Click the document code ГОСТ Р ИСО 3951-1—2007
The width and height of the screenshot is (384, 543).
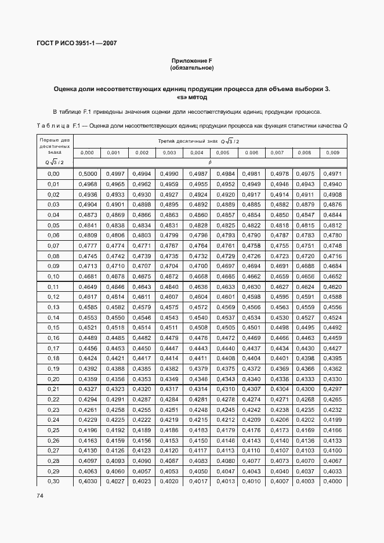(x=75, y=44)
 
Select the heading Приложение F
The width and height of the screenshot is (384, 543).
(x=191, y=61)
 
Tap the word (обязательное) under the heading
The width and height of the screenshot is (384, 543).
(x=191, y=68)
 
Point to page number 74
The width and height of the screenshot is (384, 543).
(x=40, y=495)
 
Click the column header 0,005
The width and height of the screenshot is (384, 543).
(x=223, y=153)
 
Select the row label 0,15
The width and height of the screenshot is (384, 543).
(x=53, y=328)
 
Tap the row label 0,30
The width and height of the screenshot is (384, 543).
(x=53, y=481)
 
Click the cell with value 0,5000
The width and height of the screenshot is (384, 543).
(x=87, y=174)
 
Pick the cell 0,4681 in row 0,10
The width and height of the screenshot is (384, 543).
(x=87, y=276)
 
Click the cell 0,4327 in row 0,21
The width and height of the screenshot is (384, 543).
(x=87, y=389)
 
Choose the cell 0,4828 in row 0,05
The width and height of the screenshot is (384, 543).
(x=196, y=225)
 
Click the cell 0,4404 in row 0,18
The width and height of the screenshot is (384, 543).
(x=251, y=358)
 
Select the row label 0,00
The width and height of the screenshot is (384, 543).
(x=53, y=174)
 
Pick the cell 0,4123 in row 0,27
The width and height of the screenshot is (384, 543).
(x=142, y=450)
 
